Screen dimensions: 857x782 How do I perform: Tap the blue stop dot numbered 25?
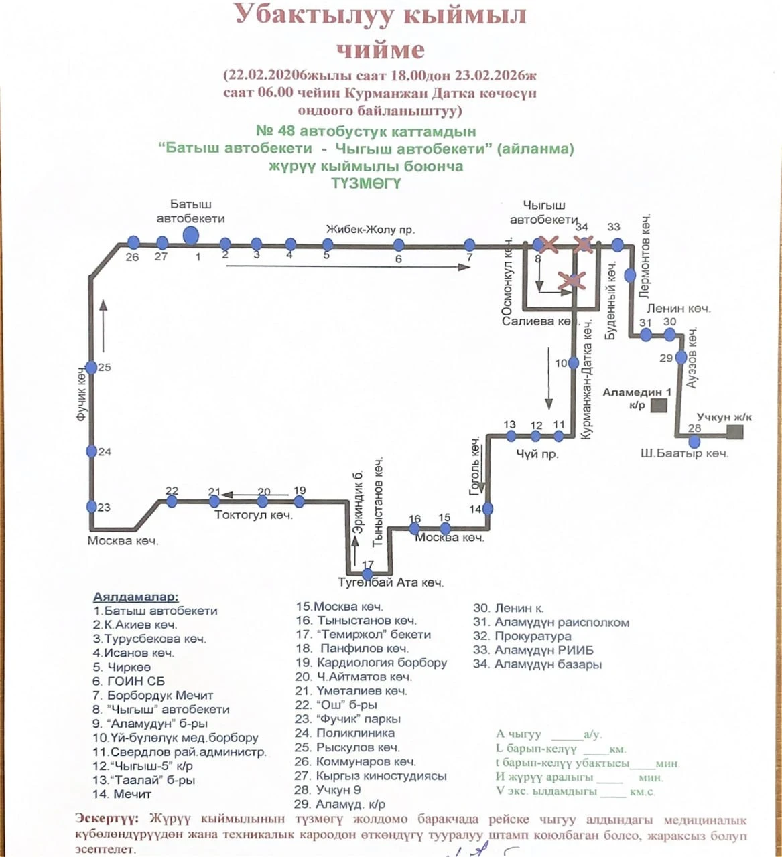pyautogui.click(x=91, y=368)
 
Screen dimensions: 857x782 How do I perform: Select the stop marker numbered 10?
pyautogui.click(x=573, y=363)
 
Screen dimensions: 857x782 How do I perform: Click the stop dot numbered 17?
pyautogui.click(x=367, y=574)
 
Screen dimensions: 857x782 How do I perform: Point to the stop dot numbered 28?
pyautogui.click(x=695, y=441)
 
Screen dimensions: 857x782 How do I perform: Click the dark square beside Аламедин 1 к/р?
pyautogui.click(x=659, y=405)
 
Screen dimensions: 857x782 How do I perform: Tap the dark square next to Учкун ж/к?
pyautogui.click(x=735, y=432)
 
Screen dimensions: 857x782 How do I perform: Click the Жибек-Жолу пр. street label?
pyautogui.click(x=370, y=230)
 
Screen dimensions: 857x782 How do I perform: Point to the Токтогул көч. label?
pyautogui.click(x=253, y=515)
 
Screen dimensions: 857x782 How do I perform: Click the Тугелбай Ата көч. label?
pyautogui.click(x=392, y=582)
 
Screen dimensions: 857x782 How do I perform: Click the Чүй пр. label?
pyautogui.click(x=537, y=454)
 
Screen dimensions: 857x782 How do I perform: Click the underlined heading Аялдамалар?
pyautogui.click(x=136, y=597)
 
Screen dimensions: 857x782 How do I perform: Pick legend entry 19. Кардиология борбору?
pyautogui.click(x=371, y=663)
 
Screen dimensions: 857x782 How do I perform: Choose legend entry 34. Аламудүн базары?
pyautogui.click(x=537, y=664)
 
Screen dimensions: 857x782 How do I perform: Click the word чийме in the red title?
pyautogui.click(x=380, y=50)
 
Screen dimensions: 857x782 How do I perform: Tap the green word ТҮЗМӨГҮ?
pyautogui.click(x=366, y=183)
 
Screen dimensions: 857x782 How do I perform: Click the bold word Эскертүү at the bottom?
pyautogui.click(x=107, y=818)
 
